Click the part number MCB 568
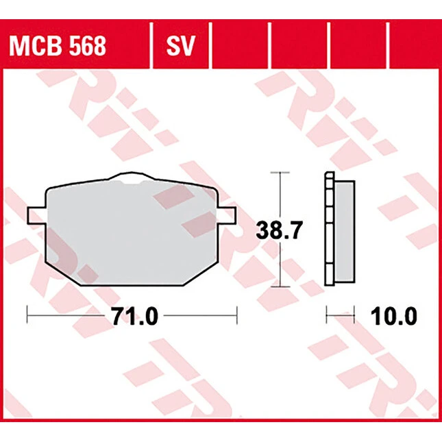[58, 46]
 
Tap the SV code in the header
[181, 46]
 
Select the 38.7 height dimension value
[280, 230]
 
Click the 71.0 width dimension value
[135, 316]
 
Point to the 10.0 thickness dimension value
[393, 316]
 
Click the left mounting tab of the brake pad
[36, 216]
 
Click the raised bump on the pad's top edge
[132, 176]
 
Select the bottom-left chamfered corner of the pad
[63, 273]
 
